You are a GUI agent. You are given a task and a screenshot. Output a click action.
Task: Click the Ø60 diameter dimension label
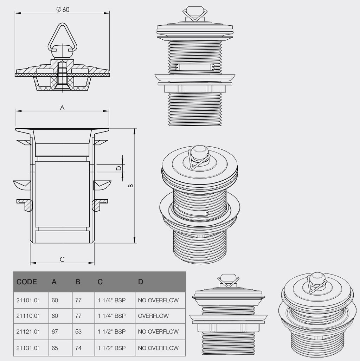click(x=63, y=9)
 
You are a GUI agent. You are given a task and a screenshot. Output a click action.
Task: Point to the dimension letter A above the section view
click(x=62, y=108)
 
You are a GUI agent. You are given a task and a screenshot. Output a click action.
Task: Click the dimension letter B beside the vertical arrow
click(x=131, y=185)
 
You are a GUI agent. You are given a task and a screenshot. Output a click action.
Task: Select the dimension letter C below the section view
click(x=62, y=259)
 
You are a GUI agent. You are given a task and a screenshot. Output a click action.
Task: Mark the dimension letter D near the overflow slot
click(x=119, y=168)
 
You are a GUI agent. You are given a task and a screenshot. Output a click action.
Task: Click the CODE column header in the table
click(x=27, y=282)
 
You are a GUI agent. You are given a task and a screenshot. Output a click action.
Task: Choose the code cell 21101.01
click(x=28, y=300)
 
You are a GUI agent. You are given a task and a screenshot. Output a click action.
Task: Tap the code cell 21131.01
click(x=28, y=348)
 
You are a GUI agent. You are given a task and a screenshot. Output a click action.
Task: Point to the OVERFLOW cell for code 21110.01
click(x=153, y=316)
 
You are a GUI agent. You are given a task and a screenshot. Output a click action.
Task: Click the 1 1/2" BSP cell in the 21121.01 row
click(x=111, y=331)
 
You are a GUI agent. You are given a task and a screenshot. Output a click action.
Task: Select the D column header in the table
click(x=141, y=282)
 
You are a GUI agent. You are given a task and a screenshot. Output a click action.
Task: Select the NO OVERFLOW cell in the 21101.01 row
click(x=158, y=300)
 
